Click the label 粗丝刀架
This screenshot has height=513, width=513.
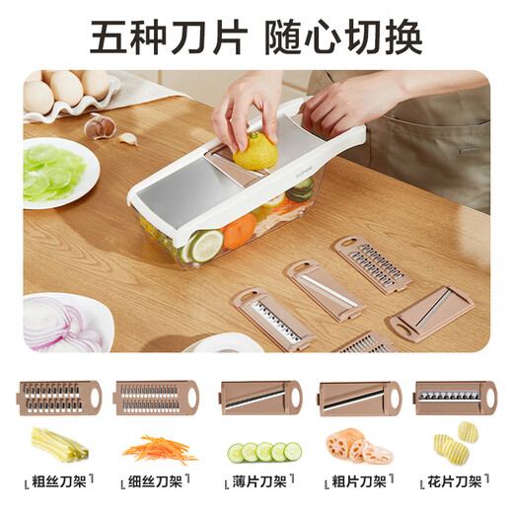[58, 482]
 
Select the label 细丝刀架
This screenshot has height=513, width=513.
[157, 482]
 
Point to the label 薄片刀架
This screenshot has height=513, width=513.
[258, 482]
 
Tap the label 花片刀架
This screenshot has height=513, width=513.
[456, 482]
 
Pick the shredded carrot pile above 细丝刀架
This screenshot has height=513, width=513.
[158, 448]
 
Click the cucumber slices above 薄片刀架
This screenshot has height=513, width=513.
[262, 452]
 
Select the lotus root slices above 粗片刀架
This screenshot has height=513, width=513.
[358, 448]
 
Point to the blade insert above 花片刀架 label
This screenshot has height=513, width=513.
[455, 398]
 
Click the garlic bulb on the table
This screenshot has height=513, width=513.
[100, 126]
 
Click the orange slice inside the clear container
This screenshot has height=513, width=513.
[237, 234]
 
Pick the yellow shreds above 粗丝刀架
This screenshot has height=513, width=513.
[59, 444]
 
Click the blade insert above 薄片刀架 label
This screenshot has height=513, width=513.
[258, 398]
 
